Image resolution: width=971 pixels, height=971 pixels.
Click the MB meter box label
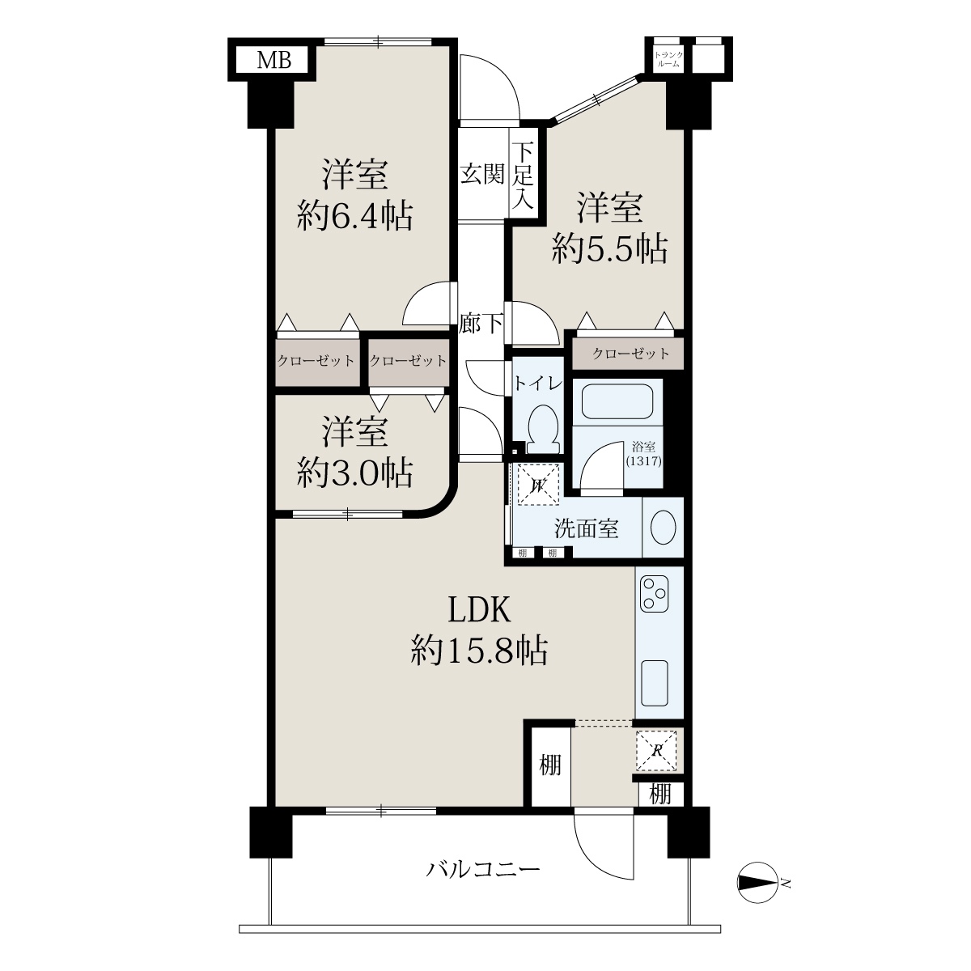click(274, 61)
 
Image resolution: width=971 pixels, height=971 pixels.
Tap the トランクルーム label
click(668, 59)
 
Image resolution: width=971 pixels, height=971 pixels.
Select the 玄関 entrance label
click(482, 174)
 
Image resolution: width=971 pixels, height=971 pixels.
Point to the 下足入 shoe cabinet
click(524, 176)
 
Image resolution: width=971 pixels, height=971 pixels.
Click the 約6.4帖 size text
click(355, 216)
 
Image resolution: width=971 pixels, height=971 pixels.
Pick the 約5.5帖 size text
click(610, 248)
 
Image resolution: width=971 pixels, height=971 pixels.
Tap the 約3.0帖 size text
click(355, 473)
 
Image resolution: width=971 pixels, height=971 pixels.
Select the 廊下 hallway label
click(481, 324)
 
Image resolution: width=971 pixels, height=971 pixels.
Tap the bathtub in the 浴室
click(617, 401)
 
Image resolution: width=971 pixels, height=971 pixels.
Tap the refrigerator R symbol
click(656, 751)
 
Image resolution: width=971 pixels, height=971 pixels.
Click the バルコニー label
click(483, 869)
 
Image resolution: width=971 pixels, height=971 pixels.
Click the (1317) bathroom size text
click(643, 460)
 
